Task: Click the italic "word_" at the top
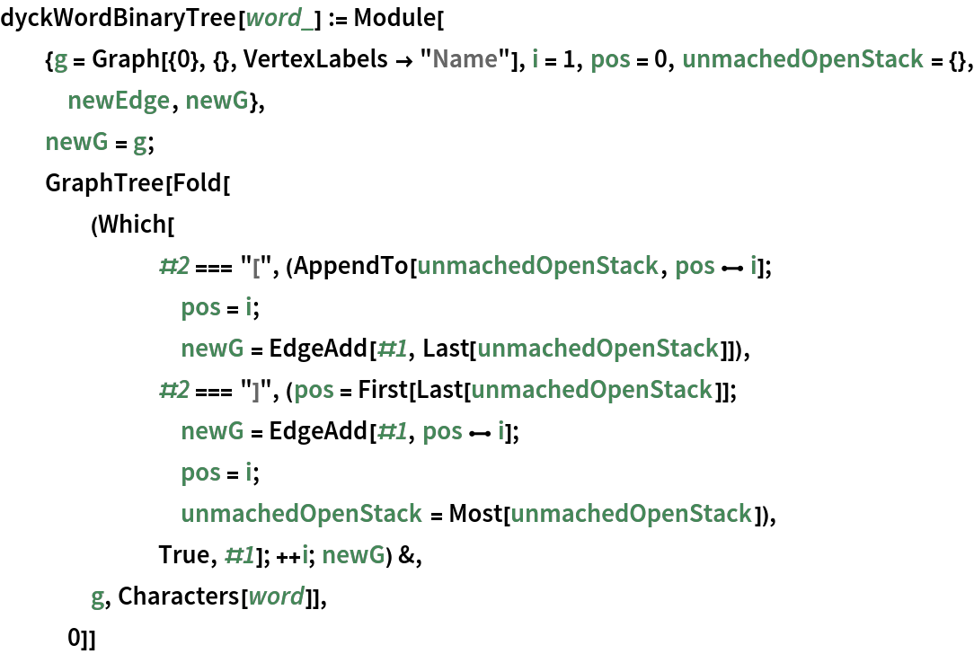279,18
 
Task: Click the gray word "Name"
465,59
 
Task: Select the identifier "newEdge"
119,101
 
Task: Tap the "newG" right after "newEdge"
217,101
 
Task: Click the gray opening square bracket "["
257,266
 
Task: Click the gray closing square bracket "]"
256,390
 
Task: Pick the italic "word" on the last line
276,596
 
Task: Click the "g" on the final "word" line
98,596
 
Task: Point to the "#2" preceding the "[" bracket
173,266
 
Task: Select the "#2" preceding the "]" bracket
173,390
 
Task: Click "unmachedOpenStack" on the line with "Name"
802,59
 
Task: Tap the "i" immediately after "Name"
536,59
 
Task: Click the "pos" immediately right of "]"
314,390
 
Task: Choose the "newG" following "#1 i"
353,555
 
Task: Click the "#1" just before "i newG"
239,555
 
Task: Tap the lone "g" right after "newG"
140,142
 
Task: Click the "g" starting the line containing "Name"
61,59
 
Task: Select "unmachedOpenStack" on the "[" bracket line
537,266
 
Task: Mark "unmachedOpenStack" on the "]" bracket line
591,390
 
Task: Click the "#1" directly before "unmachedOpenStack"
393,349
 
